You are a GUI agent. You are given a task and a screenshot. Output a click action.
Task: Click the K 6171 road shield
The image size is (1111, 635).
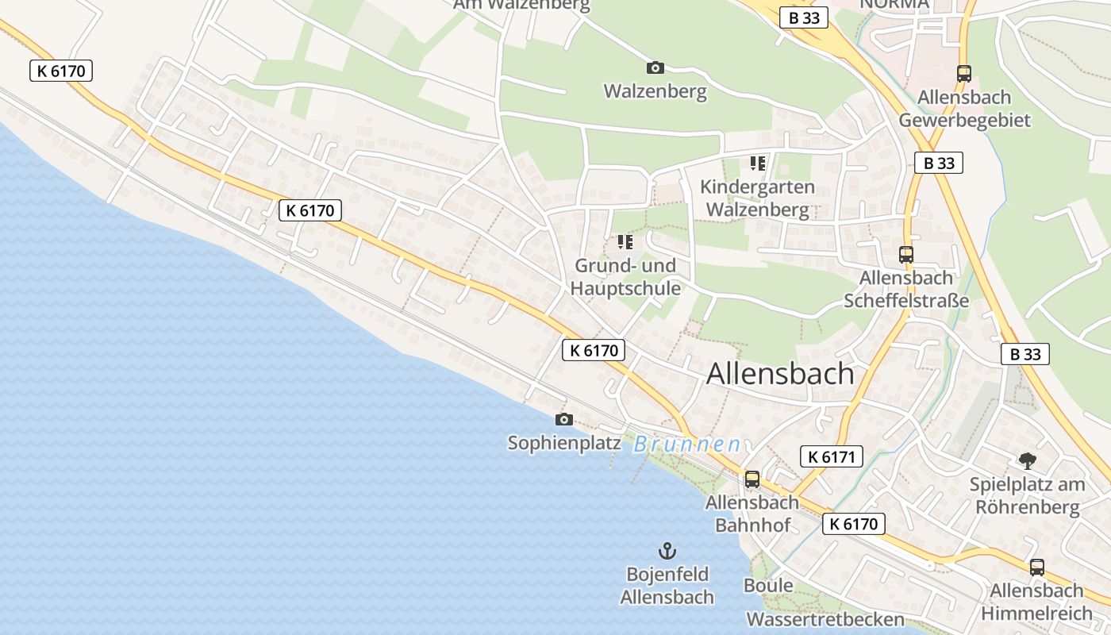click(x=831, y=456)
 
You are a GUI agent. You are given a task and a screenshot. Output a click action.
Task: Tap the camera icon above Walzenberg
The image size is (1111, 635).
click(x=655, y=67)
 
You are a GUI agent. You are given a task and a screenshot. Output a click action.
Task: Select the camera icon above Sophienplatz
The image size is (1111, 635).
click(x=564, y=419)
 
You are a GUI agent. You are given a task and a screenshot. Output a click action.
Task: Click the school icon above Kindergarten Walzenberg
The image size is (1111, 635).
click(x=757, y=164)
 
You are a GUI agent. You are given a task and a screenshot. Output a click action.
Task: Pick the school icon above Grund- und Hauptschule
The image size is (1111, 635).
click(x=625, y=241)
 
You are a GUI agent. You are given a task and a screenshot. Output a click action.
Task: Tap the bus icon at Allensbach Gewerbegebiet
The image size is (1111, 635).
click(x=964, y=74)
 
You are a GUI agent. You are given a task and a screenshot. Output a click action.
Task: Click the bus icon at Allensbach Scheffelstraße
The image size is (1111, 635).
click(x=906, y=255)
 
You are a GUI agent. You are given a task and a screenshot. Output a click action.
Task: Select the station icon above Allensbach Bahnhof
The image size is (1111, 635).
click(x=752, y=479)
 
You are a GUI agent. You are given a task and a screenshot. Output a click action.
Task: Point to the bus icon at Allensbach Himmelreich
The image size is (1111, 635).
click(x=1036, y=568)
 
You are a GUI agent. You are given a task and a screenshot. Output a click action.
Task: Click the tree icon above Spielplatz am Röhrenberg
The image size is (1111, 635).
click(x=1027, y=460)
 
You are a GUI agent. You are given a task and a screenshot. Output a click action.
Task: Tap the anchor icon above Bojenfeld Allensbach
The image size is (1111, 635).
click(x=667, y=550)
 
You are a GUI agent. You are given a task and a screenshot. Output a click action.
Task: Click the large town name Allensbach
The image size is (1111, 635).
click(x=780, y=373)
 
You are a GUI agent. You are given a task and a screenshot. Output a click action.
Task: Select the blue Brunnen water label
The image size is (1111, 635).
click(x=687, y=444)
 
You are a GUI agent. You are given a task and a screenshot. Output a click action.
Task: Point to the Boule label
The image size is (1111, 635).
click(x=768, y=586)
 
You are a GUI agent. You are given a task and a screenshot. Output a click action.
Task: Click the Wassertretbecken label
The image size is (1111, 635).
click(x=825, y=619)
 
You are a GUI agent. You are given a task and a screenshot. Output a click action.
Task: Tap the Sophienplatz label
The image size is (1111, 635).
click(x=564, y=443)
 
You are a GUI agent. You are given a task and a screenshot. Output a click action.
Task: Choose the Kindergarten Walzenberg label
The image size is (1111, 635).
click(x=758, y=198)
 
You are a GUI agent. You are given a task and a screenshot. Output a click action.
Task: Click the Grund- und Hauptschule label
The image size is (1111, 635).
click(x=627, y=276)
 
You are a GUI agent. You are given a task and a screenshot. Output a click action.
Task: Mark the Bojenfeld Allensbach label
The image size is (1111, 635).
click(x=667, y=585)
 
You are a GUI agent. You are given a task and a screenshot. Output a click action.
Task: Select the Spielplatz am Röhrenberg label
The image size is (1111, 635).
click(x=1028, y=495)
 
